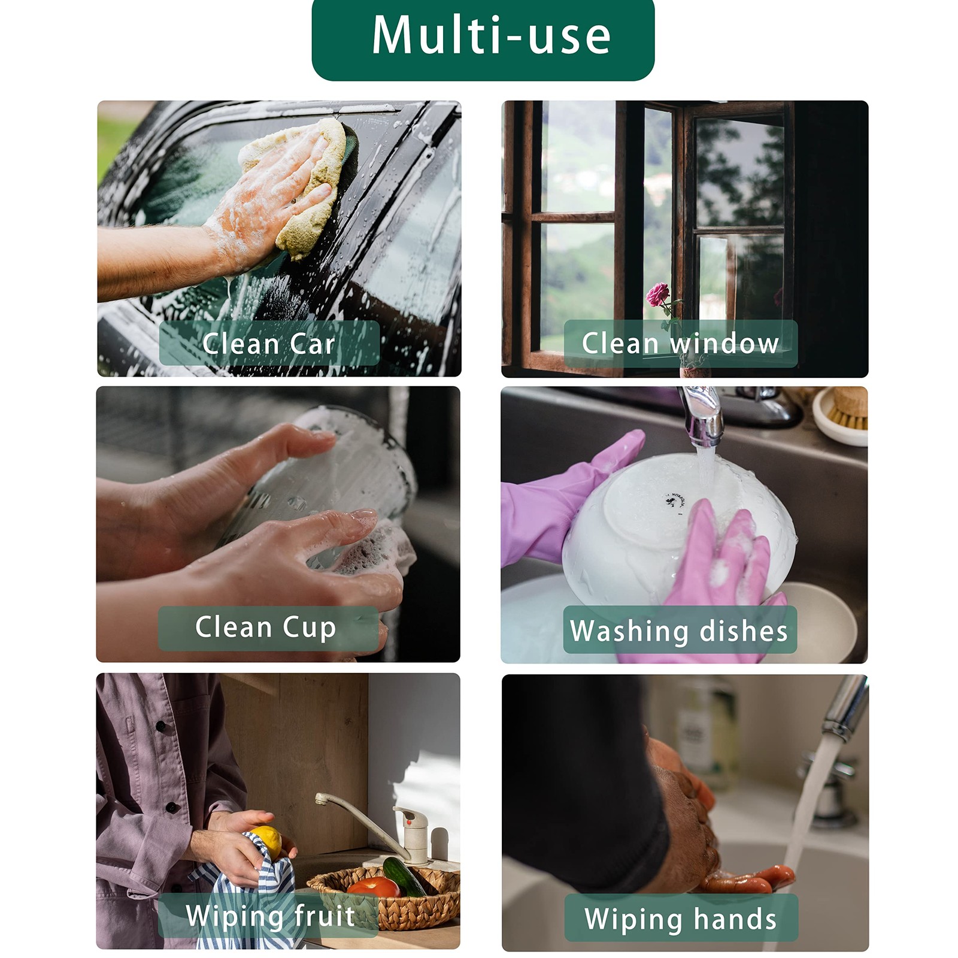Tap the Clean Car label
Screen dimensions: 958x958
pyautogui.click(x=269, y=343)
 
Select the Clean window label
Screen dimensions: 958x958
pyautogui.click(x=681, y=343)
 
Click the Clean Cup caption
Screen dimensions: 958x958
pyautogui.click(x=268, y=628)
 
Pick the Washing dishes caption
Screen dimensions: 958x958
pyautogui.click(x=680, y=630)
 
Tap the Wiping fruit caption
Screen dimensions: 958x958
pyautogui.click(x=269, y=915)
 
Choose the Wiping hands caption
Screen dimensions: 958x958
pyautogui.click(x=681, y=918)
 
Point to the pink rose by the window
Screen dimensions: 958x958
pyautogui.click(x=657, y=295)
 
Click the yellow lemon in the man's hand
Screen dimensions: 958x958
pyautogui.click(x=267, y=840)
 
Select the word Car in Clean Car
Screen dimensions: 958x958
pyautogui.click(x=312, y=343)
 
